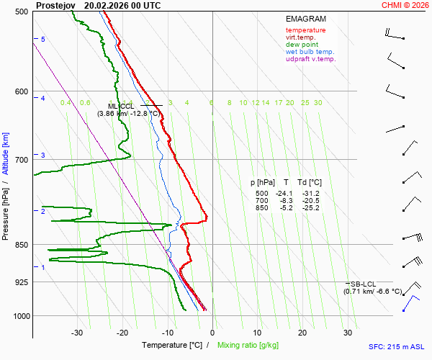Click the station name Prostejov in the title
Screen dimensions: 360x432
pyautogui.click(x=55, y=5)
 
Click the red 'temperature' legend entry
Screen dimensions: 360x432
pyautogui.click(x=305, y=30)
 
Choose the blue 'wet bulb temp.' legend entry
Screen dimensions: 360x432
pyautogui.click(x=310, y=52)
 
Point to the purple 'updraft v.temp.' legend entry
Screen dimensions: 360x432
pyautogui.click(x=310, y=59)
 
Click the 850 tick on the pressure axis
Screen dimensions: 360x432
pyautogui.click(x=21, y=245)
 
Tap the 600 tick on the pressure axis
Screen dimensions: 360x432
pyautogui.click(x=21, y=91)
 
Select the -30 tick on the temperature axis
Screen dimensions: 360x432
pyautogui.click(x=77, y=333)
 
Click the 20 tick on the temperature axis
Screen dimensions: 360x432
pyautogui.click(x=302, y=333)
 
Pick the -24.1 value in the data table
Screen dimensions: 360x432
pyautogui.click(x=287, y=194)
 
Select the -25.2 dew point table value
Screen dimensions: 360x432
pyautogui.click(x=311, y=208)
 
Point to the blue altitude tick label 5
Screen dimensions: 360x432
pyautogui.click(x=43, y=39)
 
